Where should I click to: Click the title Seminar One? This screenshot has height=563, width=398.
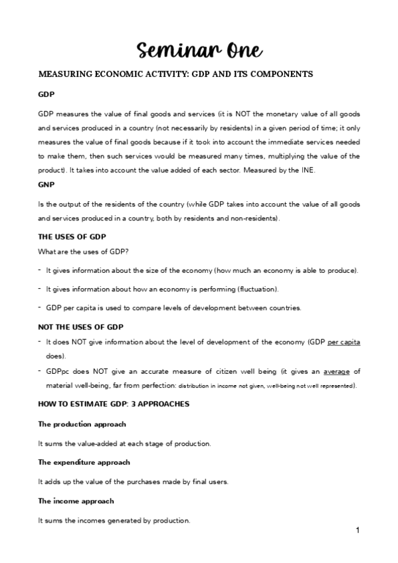[x=199, y=49]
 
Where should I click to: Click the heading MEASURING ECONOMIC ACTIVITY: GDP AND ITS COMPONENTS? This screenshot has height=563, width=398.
[x=176, y=74]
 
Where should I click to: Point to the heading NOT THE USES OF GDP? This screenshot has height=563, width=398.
[x=80, y=327]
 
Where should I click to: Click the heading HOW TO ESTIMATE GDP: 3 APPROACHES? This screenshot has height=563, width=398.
[x=114, y=404]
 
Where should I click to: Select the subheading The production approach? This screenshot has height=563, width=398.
[x=82, y=424]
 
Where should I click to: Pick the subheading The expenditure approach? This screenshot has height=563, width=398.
[x=84, y=462]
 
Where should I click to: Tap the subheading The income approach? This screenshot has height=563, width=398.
[x=76, y=501]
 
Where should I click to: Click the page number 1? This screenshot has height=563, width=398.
[x=357, y=530]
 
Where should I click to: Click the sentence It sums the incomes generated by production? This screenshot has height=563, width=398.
[x=114, y=520]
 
